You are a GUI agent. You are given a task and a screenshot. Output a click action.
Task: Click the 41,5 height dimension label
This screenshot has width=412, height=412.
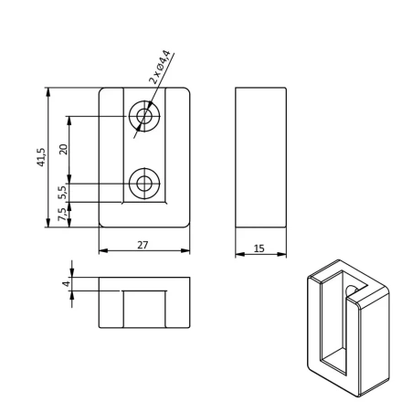41,157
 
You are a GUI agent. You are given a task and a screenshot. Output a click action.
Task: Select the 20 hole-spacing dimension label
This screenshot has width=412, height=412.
64,149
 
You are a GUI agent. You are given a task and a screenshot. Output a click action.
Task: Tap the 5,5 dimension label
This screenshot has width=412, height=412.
63,193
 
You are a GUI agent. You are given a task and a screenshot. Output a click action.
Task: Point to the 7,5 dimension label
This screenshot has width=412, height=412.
62,215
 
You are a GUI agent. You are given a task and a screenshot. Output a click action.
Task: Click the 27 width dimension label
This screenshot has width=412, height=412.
143,245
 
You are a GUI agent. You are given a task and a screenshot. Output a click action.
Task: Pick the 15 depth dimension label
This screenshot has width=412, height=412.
259,248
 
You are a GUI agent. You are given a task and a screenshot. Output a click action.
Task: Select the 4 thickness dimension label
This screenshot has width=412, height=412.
66,283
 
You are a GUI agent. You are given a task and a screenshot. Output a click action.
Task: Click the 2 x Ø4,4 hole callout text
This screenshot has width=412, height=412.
159,67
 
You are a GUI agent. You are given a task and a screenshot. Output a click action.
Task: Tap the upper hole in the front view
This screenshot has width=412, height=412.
144,116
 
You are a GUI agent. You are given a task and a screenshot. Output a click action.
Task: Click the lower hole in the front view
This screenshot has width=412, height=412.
144,184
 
